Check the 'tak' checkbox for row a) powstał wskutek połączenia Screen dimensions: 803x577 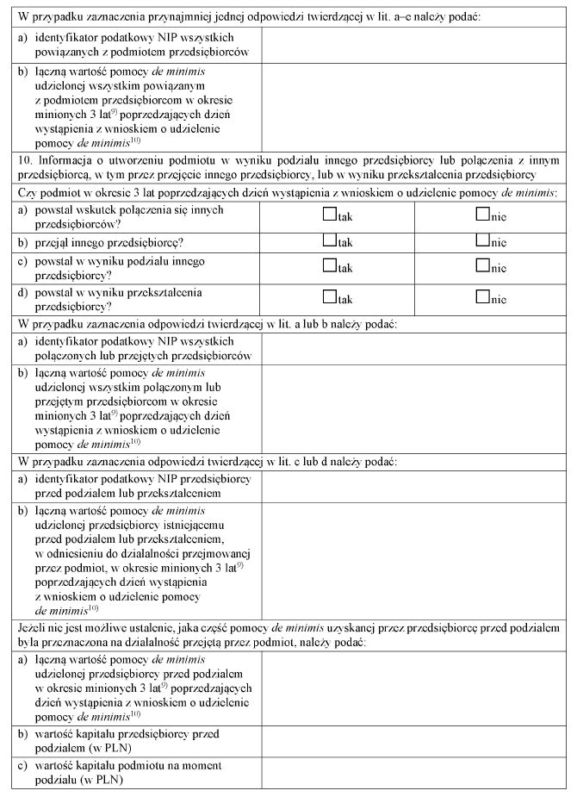tap(329, 216)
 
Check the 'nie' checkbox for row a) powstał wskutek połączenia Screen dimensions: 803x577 tap(481, 216)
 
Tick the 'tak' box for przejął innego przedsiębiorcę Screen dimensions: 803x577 tap(329, 241)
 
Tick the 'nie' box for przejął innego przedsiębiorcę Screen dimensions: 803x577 tap(481, 241)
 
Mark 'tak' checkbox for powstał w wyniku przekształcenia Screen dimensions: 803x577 tap(329, 298)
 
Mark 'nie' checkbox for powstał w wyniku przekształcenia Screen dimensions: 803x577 tap(481, 298)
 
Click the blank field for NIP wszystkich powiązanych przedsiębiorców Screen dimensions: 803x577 tap(413, 45)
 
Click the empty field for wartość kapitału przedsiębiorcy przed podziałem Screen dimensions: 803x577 tap(413, 741)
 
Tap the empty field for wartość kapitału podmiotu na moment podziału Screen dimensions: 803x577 tap(413, 773)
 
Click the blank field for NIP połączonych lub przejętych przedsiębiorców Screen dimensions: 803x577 tap(413, 348)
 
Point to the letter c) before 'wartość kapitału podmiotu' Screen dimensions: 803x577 tap(22, 765)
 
